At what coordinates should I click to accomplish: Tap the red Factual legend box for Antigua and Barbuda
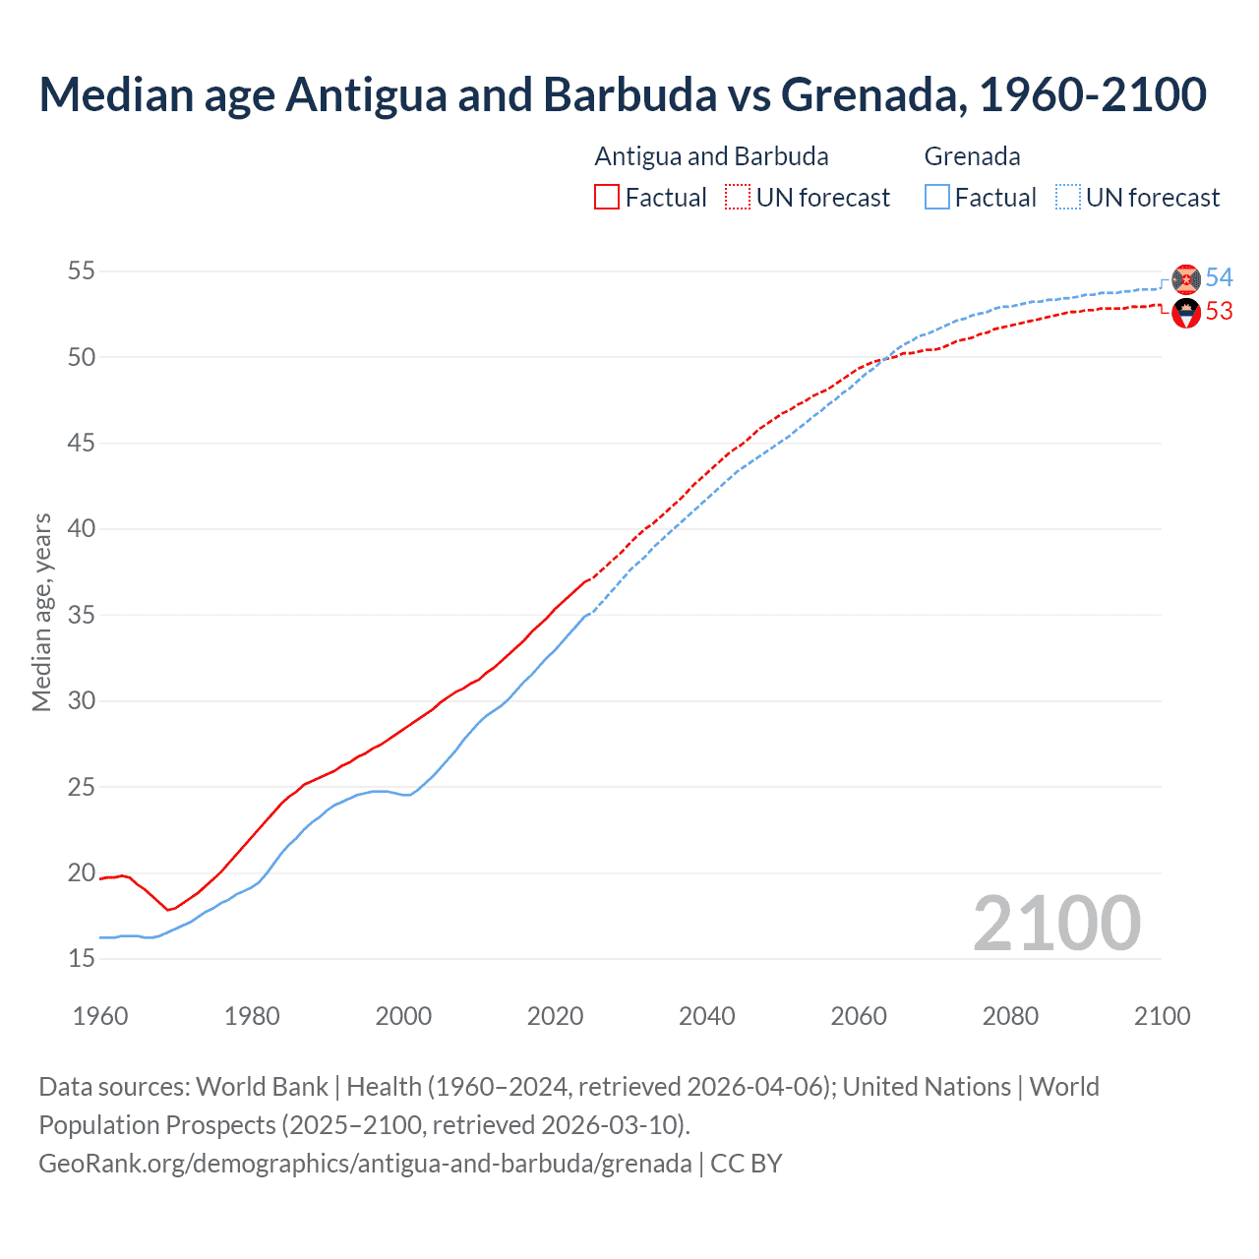click(607, 197)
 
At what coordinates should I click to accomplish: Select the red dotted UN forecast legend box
click(738, 197)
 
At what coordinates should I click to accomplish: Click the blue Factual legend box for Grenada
click(937, 197)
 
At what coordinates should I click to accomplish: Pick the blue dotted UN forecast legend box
click(1068, 197)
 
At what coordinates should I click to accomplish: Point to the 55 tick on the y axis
click(82, 270)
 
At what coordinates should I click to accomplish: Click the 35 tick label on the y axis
click(82, 616)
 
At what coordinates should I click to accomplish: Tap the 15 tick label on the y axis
click(82, 959)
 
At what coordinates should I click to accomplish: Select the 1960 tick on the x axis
click(100, 1016)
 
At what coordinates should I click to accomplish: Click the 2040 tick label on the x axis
click(707, 1016)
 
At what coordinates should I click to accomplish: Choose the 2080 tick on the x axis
click(1010, 1016)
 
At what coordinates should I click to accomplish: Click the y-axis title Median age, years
click(41, 612)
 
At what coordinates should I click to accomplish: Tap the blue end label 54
click(1220, 277)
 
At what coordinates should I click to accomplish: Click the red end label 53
click(1220, 312)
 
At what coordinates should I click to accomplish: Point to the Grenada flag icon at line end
click(1186, 279)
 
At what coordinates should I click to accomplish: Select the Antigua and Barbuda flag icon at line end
click(1186, 314)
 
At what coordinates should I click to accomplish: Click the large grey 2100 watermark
click(1057, 925)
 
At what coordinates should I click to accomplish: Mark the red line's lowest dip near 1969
click(168, 910)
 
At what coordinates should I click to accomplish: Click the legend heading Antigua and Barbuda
click(711, 156)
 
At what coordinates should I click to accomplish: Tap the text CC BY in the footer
click(747, 1164)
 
